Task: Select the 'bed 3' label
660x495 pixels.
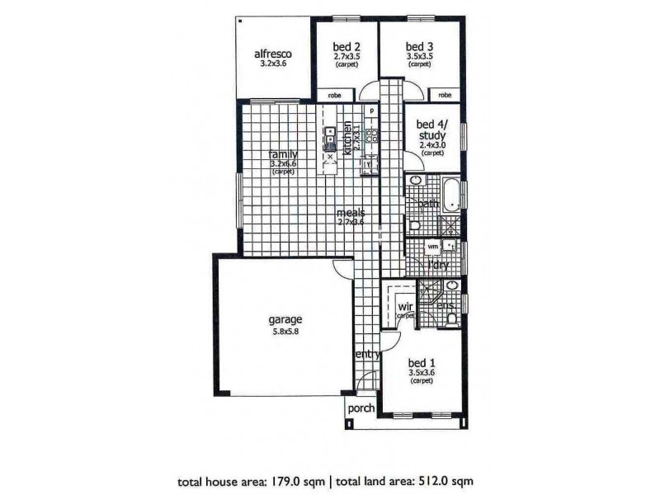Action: point(420,46)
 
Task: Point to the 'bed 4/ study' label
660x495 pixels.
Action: point(432,129)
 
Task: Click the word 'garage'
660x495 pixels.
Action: point(285,319)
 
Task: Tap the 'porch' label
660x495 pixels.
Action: point(361,408)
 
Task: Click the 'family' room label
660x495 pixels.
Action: point(283,154)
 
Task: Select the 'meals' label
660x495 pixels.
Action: point(351,213)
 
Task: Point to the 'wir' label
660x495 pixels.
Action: point(405,307)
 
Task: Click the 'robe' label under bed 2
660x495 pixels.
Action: point(334,96)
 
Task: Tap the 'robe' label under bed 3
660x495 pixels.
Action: point(445,96)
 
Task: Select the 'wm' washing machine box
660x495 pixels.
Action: point(431,247)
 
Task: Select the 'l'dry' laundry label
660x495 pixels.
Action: point(437,265)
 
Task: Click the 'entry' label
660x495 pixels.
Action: point(367,355)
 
